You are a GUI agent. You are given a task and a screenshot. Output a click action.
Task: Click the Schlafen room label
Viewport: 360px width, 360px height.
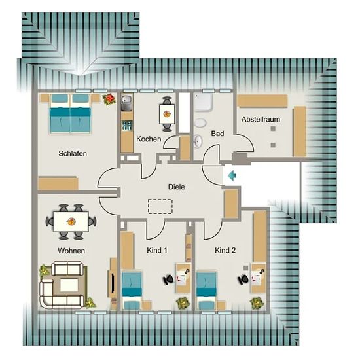tap(73, 153)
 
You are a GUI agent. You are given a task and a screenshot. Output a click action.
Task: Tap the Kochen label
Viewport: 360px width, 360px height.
tap(149, 139)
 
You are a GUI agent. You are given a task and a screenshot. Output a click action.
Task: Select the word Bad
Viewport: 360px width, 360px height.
tap(217, 134)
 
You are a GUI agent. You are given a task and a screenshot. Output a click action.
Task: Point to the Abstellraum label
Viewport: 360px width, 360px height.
tap(261, 119)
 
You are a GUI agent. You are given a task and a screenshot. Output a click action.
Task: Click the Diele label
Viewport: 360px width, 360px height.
tap(176, 187)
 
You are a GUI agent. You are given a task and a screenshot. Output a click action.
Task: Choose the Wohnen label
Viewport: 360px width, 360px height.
tap(71, 251)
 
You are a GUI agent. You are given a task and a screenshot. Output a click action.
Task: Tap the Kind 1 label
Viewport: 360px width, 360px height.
tap(157, 250)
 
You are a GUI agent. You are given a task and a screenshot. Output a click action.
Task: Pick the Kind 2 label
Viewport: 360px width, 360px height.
tap(225, 250)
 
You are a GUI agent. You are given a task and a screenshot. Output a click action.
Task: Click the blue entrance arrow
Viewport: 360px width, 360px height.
tap(232, 176)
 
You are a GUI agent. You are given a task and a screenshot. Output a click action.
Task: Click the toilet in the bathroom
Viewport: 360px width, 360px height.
tap(200, 122)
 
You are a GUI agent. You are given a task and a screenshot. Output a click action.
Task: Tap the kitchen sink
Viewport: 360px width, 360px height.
tap(126, 103)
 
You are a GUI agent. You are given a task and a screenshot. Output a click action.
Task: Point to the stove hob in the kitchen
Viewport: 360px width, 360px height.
tap(127, 126)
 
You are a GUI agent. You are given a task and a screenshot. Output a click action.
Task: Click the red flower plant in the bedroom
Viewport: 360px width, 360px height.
tap(109, 99)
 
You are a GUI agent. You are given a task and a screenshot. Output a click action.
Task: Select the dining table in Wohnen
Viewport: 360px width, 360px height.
tap(71, 221)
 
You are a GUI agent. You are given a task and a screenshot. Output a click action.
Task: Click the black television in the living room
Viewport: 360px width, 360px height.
tap(113, 283)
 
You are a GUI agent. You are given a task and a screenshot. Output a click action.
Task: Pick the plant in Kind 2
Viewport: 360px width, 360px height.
tap(257, 303)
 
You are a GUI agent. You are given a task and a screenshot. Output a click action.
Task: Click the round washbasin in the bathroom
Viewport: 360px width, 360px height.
tap(198, 141)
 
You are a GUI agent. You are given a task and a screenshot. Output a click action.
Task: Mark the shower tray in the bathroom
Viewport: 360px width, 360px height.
tap(203, 102)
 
